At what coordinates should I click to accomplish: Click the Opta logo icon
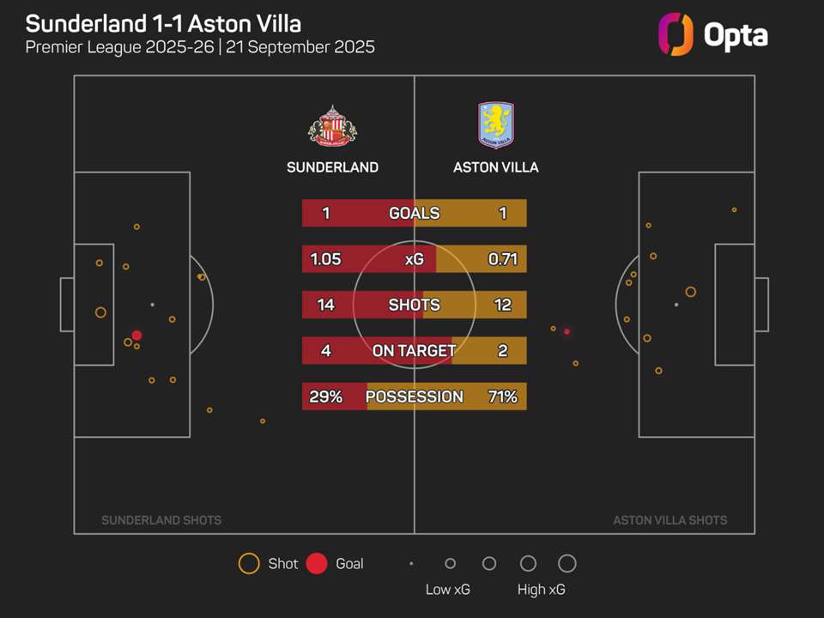(675, 34)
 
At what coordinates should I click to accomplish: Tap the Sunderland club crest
(332, 125)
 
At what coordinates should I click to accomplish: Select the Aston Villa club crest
(495, 125)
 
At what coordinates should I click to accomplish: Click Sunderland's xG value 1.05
(326, 259)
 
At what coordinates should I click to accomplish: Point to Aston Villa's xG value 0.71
(502, 259)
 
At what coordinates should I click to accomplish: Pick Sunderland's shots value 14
(326, 305)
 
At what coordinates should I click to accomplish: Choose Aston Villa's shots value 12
(502, 305)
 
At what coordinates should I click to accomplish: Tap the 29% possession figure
(326, 397)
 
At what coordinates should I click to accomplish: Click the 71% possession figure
(502, 397)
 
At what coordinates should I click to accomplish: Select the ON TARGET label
(414, 350)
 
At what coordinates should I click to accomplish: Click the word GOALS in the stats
(414, 213)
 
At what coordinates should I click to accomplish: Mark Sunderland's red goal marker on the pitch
(136, 336)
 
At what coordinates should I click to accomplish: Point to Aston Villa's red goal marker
(566, 331)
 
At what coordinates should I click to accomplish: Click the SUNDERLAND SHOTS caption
(161, 520)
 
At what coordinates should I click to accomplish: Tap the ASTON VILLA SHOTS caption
(670, 520)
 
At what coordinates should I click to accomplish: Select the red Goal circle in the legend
(317, 564)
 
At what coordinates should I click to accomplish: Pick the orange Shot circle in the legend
(249, 564)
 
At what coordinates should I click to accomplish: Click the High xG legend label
(542, 590)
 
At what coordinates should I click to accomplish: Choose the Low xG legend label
(448, 590)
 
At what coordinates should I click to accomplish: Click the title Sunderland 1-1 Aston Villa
(163, 23)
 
